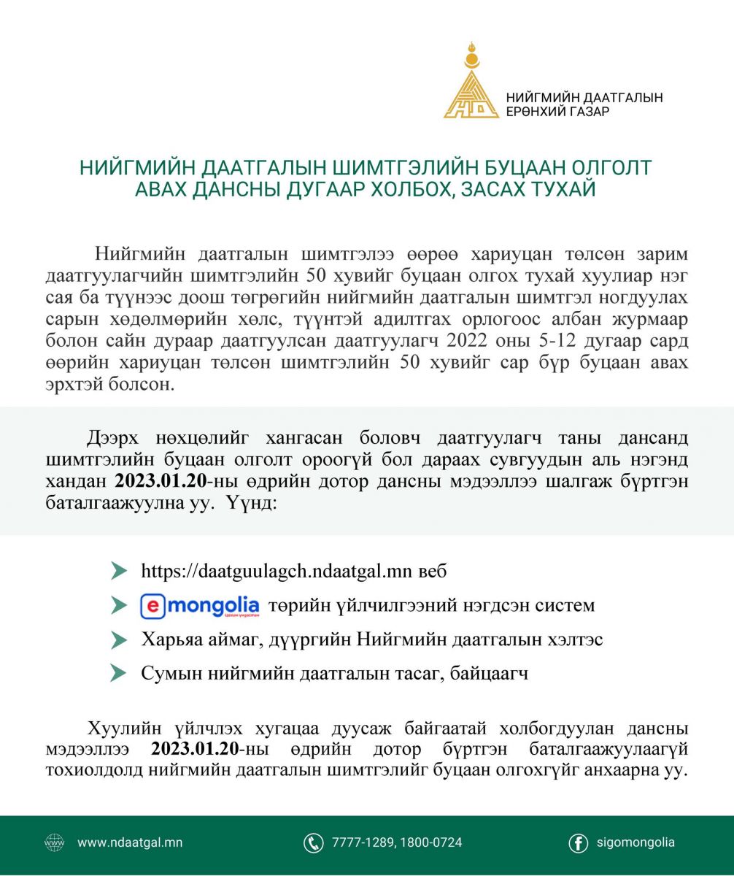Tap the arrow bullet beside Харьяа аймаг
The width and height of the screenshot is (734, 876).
pos(118,640)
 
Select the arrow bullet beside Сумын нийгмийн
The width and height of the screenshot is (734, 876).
pos(118,673)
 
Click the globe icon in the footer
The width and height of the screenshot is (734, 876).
pos(55,842)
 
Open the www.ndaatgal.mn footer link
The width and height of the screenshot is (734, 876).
pos(129,842)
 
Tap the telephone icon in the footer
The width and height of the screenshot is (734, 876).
pos(313,843)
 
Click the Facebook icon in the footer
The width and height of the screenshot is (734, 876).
pos(578,843)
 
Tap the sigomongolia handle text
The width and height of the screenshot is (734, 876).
pos(635,842)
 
